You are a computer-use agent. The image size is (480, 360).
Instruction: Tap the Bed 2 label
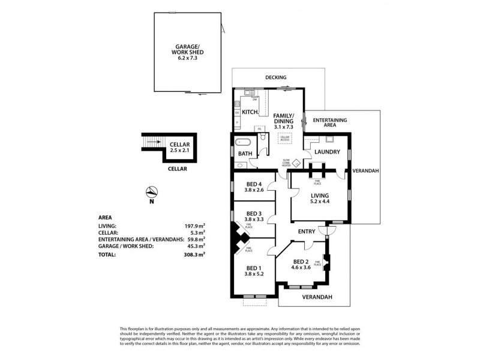[x=302, y=264]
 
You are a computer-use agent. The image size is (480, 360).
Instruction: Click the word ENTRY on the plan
[x=306, y=231]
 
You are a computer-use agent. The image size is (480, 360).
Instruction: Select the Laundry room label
[x=328, y=152]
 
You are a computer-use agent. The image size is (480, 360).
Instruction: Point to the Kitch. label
[x=250, y=112]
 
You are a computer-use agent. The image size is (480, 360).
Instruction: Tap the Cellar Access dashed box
[x=285, y=138]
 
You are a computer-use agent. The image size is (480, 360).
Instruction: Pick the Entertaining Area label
[x=330, y=124]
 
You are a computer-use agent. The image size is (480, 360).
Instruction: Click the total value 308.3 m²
[x=195, y=254]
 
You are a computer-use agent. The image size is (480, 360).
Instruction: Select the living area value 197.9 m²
[x=195, y=226]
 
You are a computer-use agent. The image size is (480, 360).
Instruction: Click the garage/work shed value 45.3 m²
[x=196, y=245]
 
